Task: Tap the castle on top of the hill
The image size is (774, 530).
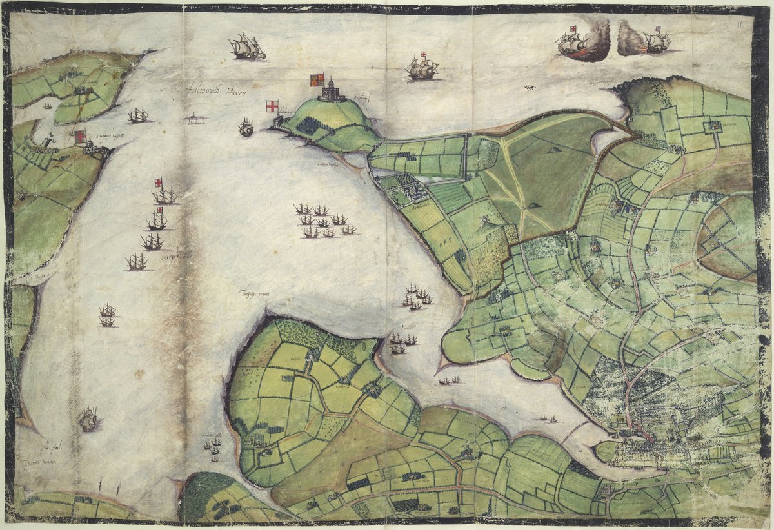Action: [x=332, y=91]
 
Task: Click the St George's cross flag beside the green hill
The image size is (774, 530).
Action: [x=272, y=106]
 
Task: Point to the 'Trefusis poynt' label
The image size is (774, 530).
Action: [x=253, y=294]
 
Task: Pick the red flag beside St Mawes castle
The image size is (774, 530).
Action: [x=81, y=137]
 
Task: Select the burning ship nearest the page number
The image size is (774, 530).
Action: [x=655, y=41]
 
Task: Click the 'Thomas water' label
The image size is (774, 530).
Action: [x=38, y=462]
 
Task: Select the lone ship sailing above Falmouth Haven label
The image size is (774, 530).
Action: [x=247, y=48]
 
